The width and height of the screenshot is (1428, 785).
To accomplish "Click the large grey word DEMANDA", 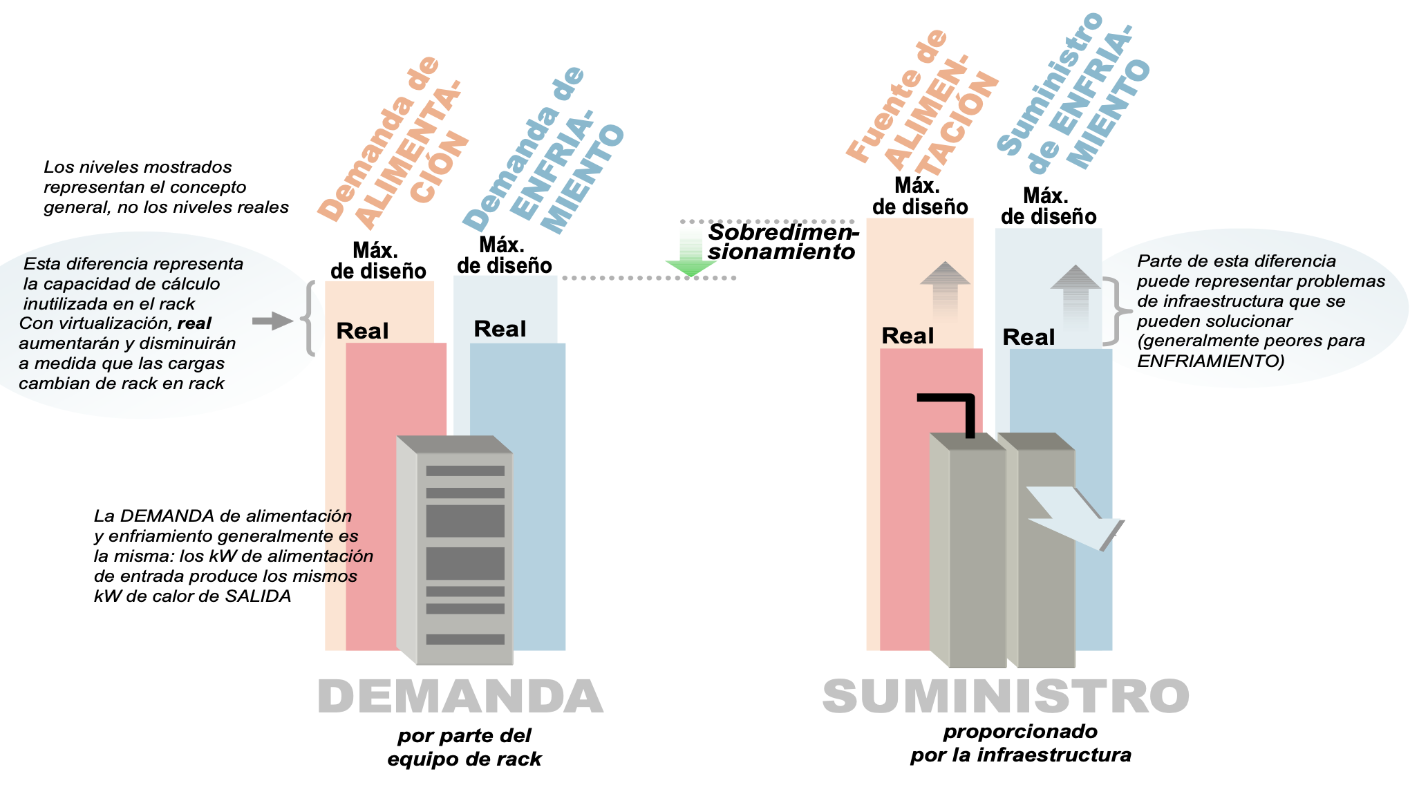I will (460, 697).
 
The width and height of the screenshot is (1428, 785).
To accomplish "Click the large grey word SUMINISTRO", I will (1006, 697).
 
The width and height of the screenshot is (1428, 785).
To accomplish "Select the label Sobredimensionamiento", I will (782, 242).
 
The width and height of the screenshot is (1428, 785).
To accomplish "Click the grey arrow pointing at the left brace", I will (272, 321).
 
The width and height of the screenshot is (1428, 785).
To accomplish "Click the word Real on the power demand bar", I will (362, 331).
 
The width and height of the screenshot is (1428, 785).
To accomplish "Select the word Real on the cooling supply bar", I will (1028, 337).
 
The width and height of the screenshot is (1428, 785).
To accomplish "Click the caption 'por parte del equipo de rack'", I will (464, 747).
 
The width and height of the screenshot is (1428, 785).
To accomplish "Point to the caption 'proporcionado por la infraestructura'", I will (1020, 743).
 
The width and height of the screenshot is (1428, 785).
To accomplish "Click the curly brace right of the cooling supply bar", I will (1114, 311).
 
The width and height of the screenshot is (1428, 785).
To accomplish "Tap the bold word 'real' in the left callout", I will (194, 323).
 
